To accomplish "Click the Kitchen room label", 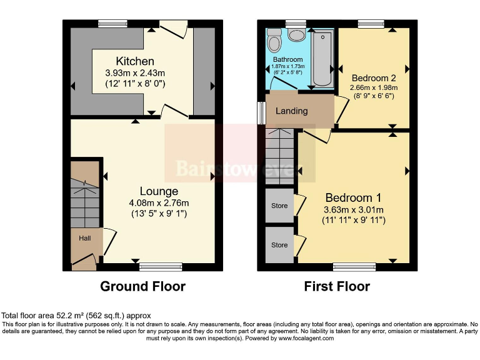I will pos(134,61).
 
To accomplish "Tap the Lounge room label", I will pos(159,191).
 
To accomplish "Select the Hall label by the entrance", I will pos(84,238).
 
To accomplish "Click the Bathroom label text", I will pos(287,60).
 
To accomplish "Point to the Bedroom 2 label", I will pos(374,78).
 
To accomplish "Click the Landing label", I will pos(292,111).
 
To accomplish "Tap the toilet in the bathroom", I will pos(274,41).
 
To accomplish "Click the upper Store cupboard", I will pos(279,206).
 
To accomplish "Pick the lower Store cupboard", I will pos(279,245).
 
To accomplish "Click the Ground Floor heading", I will pos(143,287).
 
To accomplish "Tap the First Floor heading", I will pos(337,287).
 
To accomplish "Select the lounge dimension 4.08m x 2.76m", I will pos(159,202).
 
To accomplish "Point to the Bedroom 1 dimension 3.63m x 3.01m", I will pos(353,209).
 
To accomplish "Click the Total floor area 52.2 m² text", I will pos(76,316).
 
